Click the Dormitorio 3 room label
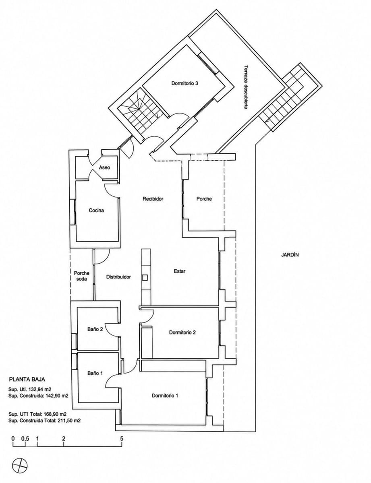pyautogui.click(x=184, y=84)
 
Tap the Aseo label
pyautogui.click(x=104, y=167)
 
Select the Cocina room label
pyautogui.click(x=96, y=210)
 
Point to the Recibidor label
pyautogui.click(x=153, y=199)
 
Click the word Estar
pyautogui.click(x=180, y=271)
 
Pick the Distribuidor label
pyautogui.click(x=118, y=277)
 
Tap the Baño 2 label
pyautogui.click(x=95, y=335)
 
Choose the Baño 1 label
pyautogui.click(x=95, y=380)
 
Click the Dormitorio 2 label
pyautogui.click(x=182, y=339)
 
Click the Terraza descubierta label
pyautogui.click(x=246, y=87)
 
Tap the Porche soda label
pyautogui.click(x=82, y=276)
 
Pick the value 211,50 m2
pyautogui.click(x=68, y=421)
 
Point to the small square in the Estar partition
pyautogui.click(x=145, y=277)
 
